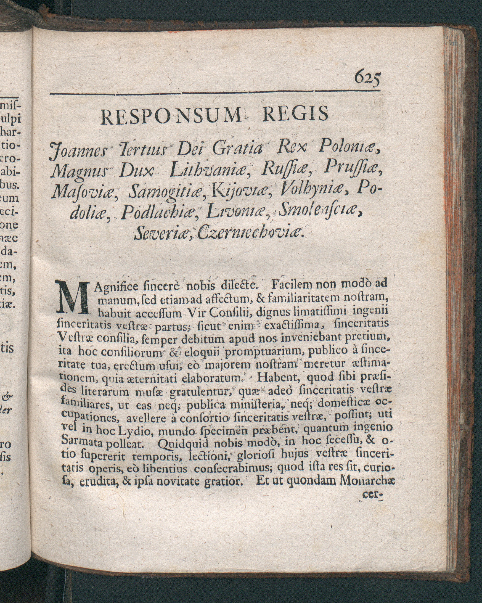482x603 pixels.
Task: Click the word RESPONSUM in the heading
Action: pyautogui.click(x=171, y=116)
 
